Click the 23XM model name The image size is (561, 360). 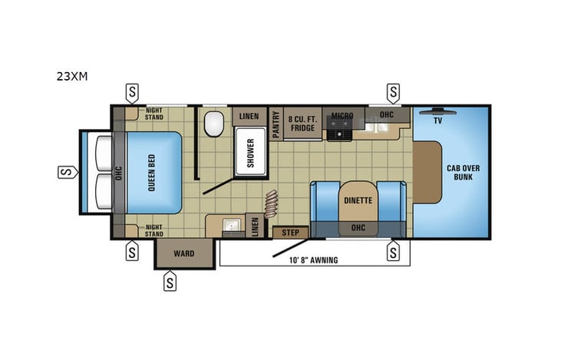click(71, 77)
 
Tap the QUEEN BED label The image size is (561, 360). click(152, 173)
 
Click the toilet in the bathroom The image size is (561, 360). click(214, 121)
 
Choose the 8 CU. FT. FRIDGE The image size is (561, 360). click(302, 123)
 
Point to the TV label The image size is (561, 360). click(437, 121)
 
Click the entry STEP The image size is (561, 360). click(290, 232)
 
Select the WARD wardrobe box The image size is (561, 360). click(183, 253)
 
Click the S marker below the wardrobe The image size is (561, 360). click(170, 282)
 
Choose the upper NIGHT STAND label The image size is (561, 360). click(153, 114)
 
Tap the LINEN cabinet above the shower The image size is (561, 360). click(249, 116)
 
